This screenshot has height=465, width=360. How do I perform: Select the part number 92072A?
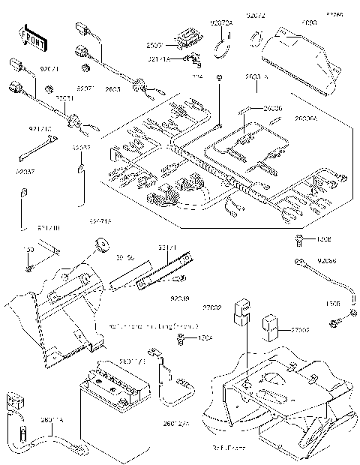[223, 24]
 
